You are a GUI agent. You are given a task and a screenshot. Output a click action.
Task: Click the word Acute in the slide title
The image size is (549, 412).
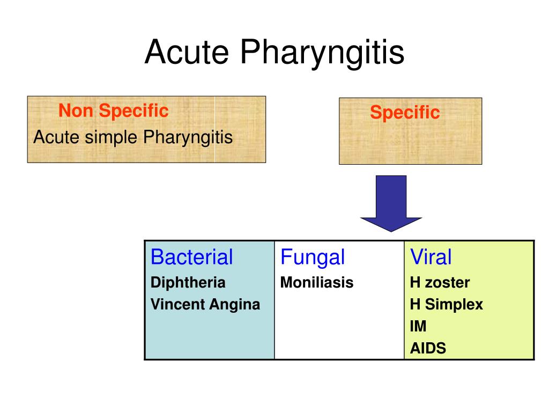tap(187, 52)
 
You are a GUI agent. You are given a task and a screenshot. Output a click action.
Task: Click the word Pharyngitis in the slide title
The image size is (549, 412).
tap(322, 53)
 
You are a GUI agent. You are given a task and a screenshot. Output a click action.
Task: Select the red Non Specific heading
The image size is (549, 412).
tap(113, 111)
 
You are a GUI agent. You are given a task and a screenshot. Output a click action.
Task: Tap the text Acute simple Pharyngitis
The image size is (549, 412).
tap(133, 137)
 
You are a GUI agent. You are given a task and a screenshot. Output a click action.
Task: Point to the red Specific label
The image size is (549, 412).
tap(404, 113)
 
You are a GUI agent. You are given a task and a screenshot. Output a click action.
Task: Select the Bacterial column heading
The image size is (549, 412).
tap(191, 257)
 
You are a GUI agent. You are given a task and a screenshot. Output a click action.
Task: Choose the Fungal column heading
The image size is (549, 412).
tap(313, 257)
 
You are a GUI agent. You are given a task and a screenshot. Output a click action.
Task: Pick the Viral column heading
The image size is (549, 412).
tap(431, 257)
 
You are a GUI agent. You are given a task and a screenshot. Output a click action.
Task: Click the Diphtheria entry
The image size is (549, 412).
tap(188, 283)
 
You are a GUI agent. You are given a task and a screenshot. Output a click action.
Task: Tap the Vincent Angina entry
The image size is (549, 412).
tap(205, 305)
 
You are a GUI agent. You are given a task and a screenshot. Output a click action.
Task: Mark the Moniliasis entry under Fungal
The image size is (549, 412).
tap(317, 283)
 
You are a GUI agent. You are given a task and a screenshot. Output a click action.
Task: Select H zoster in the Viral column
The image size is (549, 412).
tap(440, 283)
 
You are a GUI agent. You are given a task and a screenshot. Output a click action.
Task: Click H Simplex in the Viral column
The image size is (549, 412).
tap(446, 305)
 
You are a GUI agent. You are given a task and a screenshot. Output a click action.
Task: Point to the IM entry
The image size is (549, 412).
tap(418, 326)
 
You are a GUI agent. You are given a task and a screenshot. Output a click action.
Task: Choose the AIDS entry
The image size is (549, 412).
tap(428, 348)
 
